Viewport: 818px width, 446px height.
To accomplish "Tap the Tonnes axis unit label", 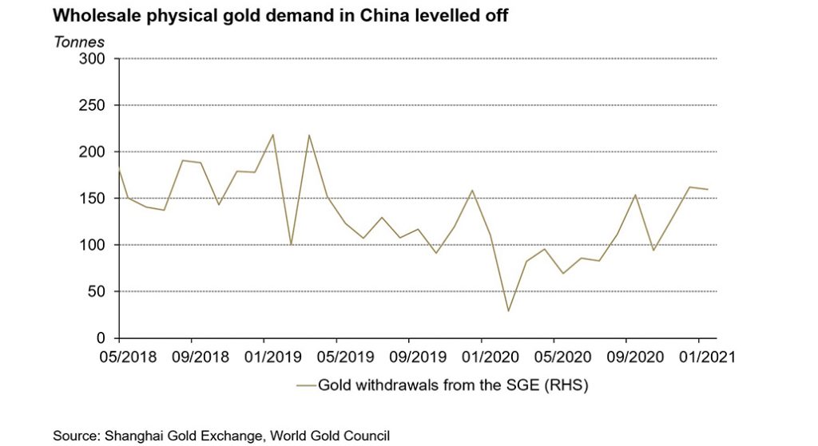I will (78, 41).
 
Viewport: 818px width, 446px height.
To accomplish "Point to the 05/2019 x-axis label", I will (336, 355).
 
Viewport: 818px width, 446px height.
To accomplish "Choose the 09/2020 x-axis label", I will (627, 355).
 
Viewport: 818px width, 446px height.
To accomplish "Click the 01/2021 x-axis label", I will (699, 355).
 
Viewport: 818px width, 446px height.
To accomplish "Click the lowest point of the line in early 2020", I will (508, 310).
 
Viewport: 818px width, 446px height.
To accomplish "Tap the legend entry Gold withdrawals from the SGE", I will (452, 386).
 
